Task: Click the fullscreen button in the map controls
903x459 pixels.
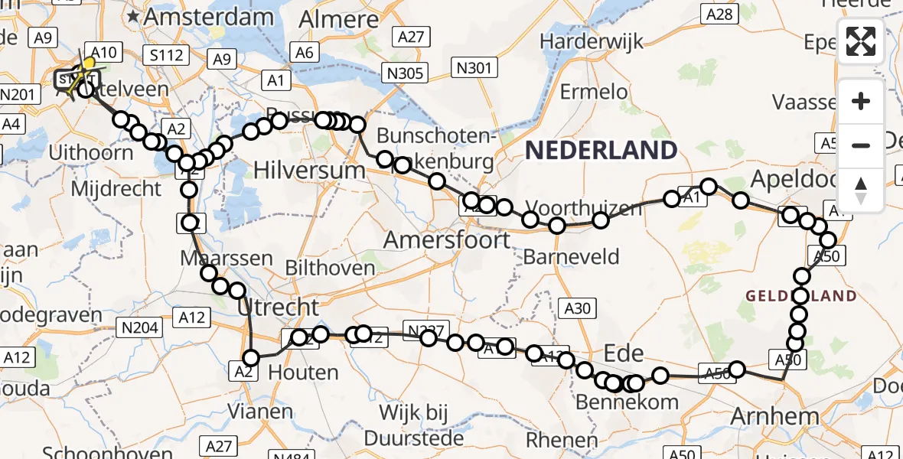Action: coord(861,41)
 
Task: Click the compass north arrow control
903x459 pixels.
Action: coord(861,190)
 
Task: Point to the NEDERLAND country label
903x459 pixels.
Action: coord(601,150)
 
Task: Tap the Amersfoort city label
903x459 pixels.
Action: coord(447,240)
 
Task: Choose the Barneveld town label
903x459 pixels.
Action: coord(570,256)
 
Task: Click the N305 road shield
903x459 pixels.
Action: coord(403,72)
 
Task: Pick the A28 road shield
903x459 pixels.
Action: coord(719,13)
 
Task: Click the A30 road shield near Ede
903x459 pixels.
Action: coord(578,308)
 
